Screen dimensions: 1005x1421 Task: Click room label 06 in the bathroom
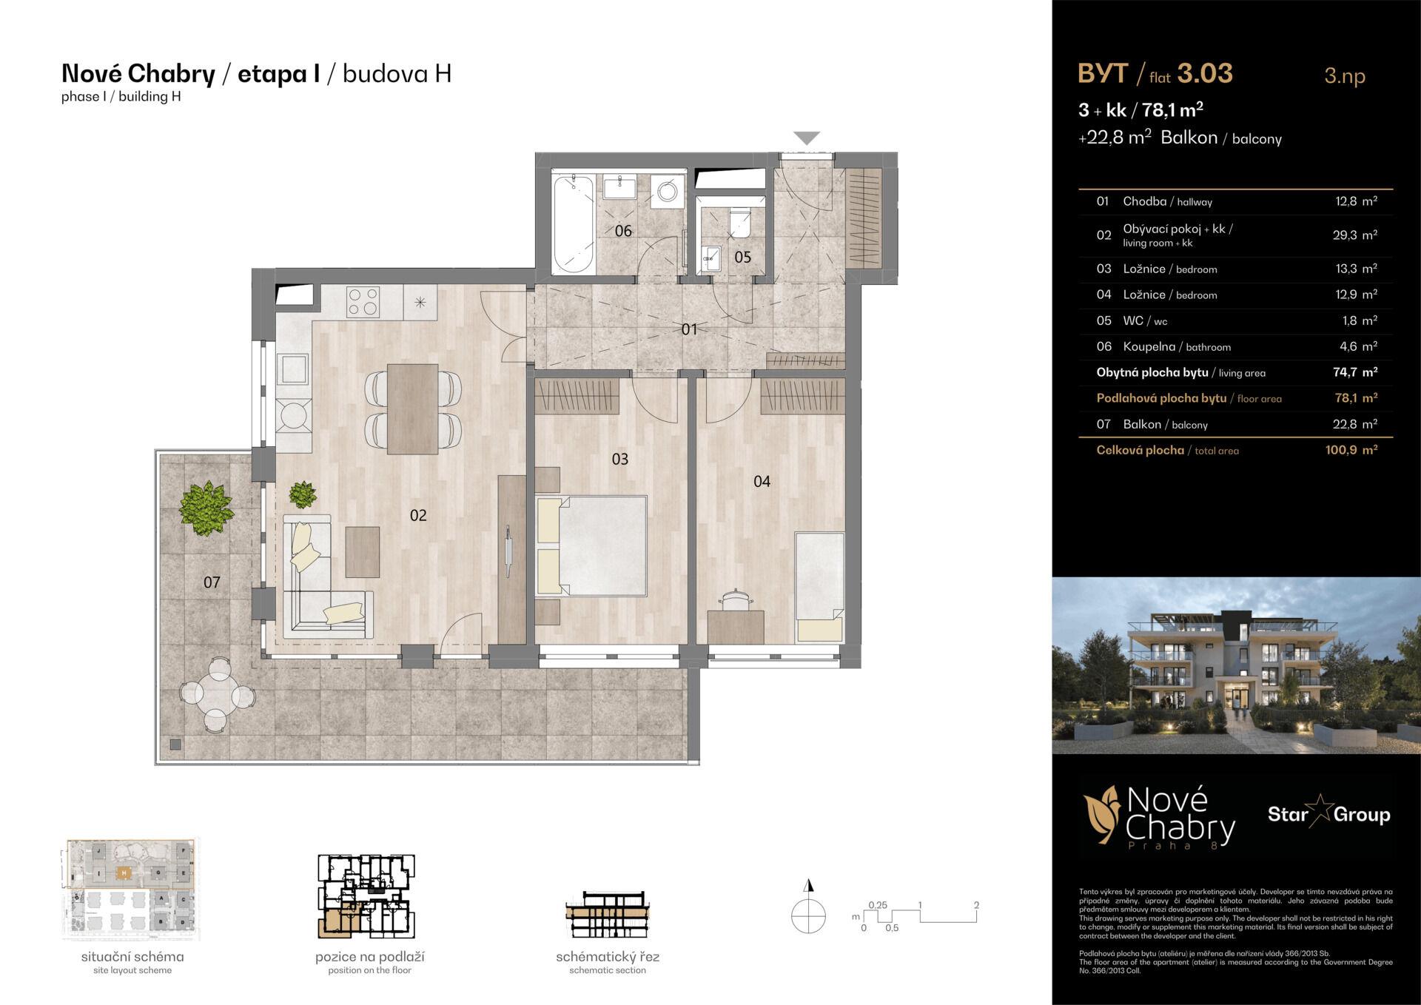(623, 231)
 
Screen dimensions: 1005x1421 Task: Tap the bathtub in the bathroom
(574, 223)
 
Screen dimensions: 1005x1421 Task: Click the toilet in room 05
(739, 221)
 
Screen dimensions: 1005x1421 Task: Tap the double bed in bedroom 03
(601, 545)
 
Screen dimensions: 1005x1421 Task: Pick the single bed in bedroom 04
(819, 586)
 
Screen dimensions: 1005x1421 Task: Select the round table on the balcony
(218, 695)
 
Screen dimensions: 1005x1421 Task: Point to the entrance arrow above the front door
(807, 138)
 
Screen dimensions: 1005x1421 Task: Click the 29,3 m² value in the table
(1354, 235)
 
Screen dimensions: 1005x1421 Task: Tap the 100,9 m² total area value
(1351, 450)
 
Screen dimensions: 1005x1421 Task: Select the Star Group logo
(1328, 815)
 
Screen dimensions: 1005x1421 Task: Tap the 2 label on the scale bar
(976, 905)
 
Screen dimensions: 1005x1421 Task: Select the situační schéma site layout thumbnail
(131, 888)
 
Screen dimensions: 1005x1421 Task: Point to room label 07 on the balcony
(212, 582)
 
